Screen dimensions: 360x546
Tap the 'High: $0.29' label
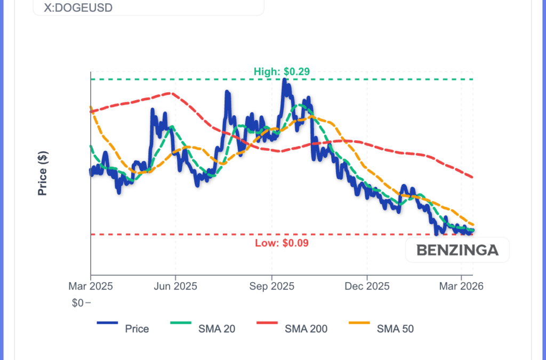[282, 71]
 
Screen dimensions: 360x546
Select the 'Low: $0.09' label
[282, 243]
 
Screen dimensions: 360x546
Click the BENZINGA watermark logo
[457, 250]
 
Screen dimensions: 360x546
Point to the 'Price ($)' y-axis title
[43, 173]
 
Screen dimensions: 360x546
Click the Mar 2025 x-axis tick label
[91, 286]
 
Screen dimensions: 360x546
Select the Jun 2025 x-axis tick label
[175, 286]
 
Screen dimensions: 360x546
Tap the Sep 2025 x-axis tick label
[271, 286]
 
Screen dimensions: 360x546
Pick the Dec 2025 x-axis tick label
[367, 286]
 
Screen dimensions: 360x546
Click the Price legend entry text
[137, 329]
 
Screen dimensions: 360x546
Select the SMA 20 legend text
[216, 329]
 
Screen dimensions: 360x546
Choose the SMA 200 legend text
[306, 329]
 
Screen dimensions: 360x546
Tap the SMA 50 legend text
[395, 329]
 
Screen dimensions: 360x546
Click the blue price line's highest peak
[285, 80]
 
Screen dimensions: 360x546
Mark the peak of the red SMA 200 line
[170, 93]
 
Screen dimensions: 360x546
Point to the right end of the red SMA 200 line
[473, 178]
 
